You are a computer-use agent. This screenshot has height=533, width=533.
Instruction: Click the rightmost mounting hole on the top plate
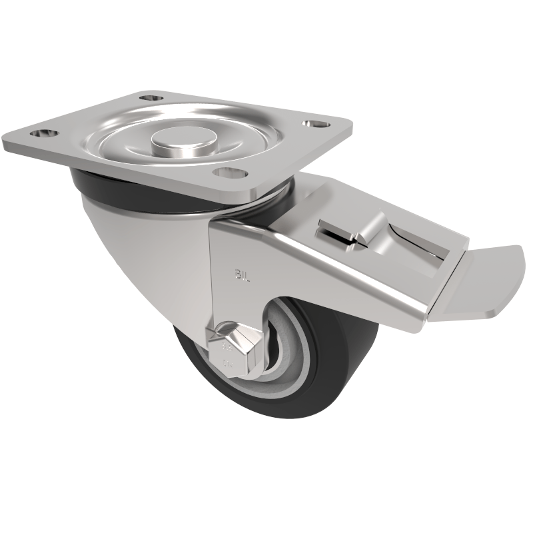pos(310,124)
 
